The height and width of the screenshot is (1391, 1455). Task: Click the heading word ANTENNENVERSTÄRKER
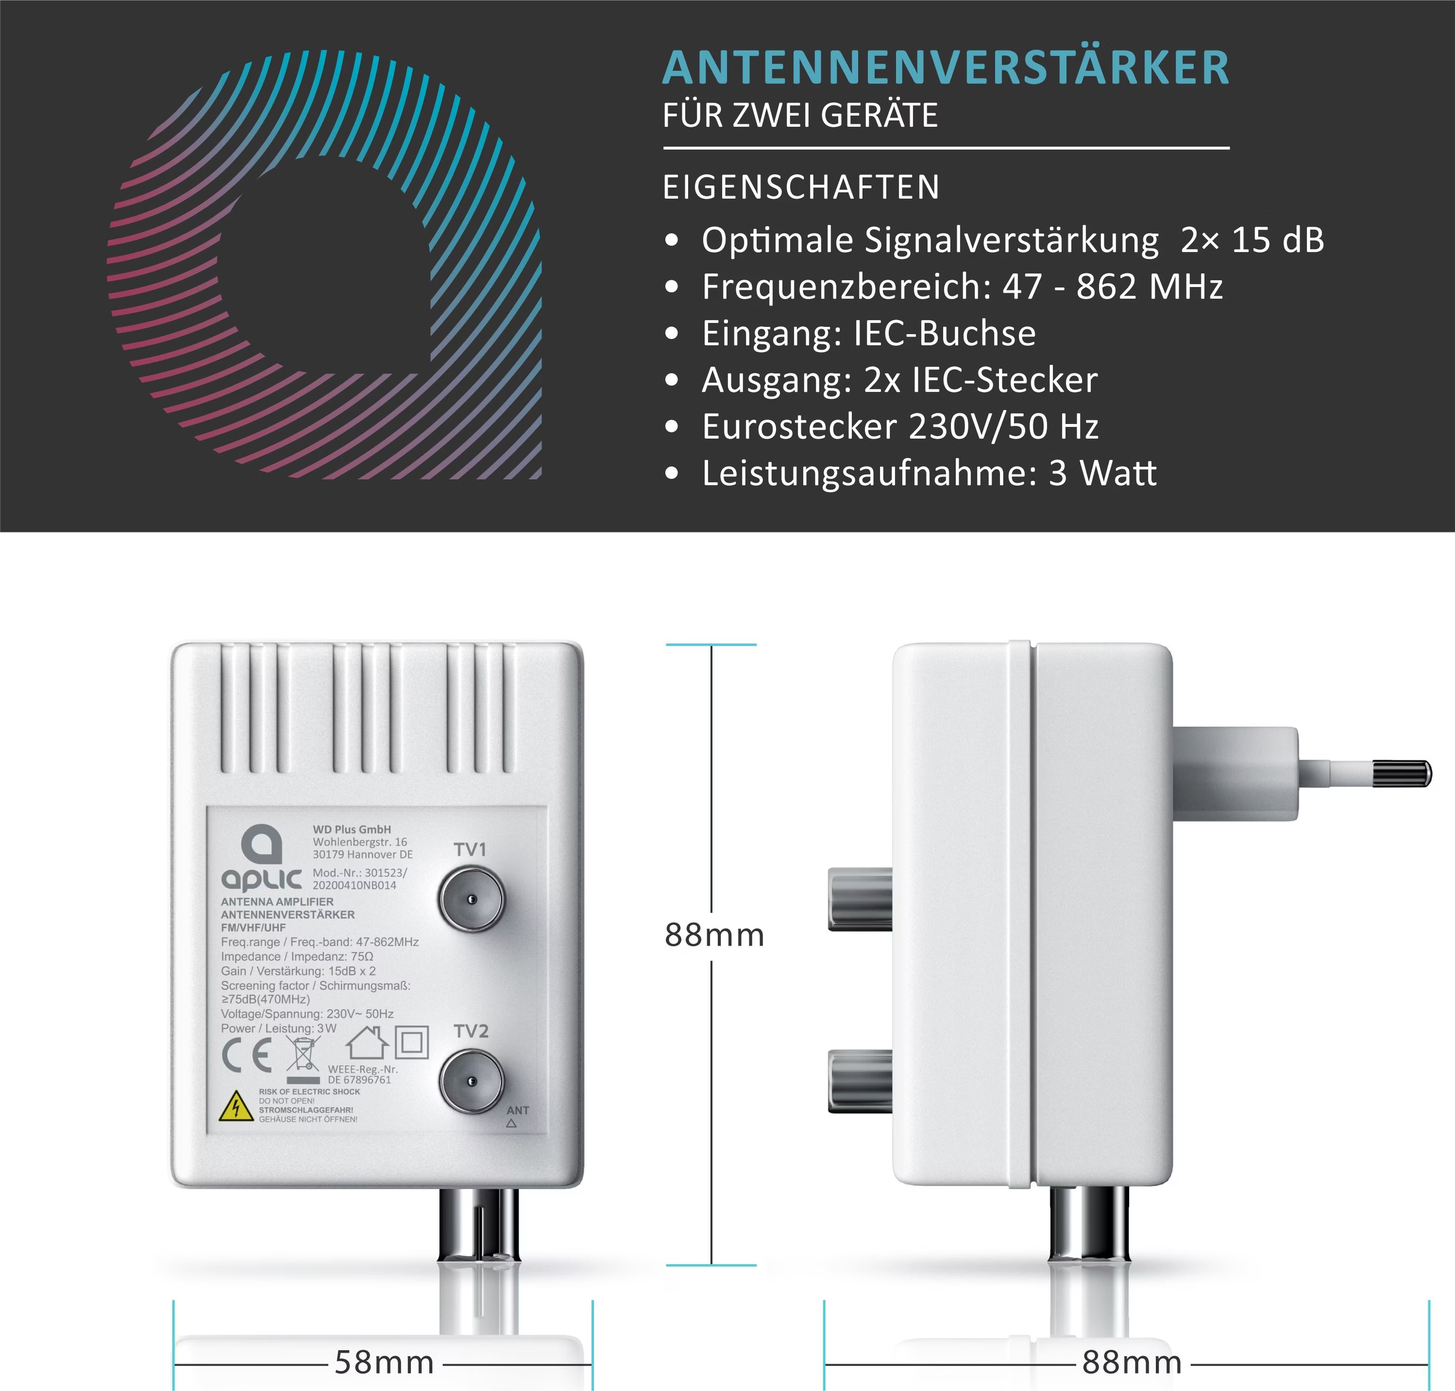pyautogui.click(x=946, y=68)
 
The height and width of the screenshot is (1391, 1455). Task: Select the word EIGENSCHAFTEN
pyautogui.click(x=801, y=187)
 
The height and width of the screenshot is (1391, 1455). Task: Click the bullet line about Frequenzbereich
pyautogui.click(x=961, y=287)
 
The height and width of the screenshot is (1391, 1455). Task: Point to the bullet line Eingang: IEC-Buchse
pyautogui.click(x=868, y=333)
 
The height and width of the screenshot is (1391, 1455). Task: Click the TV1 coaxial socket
pyautogui.click(x=471, y=899)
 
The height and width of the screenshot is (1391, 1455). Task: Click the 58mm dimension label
pyautogui.click(x=384, y=1363)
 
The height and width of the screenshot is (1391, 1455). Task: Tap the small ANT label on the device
pyautogui.click(x=517, y=1110)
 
